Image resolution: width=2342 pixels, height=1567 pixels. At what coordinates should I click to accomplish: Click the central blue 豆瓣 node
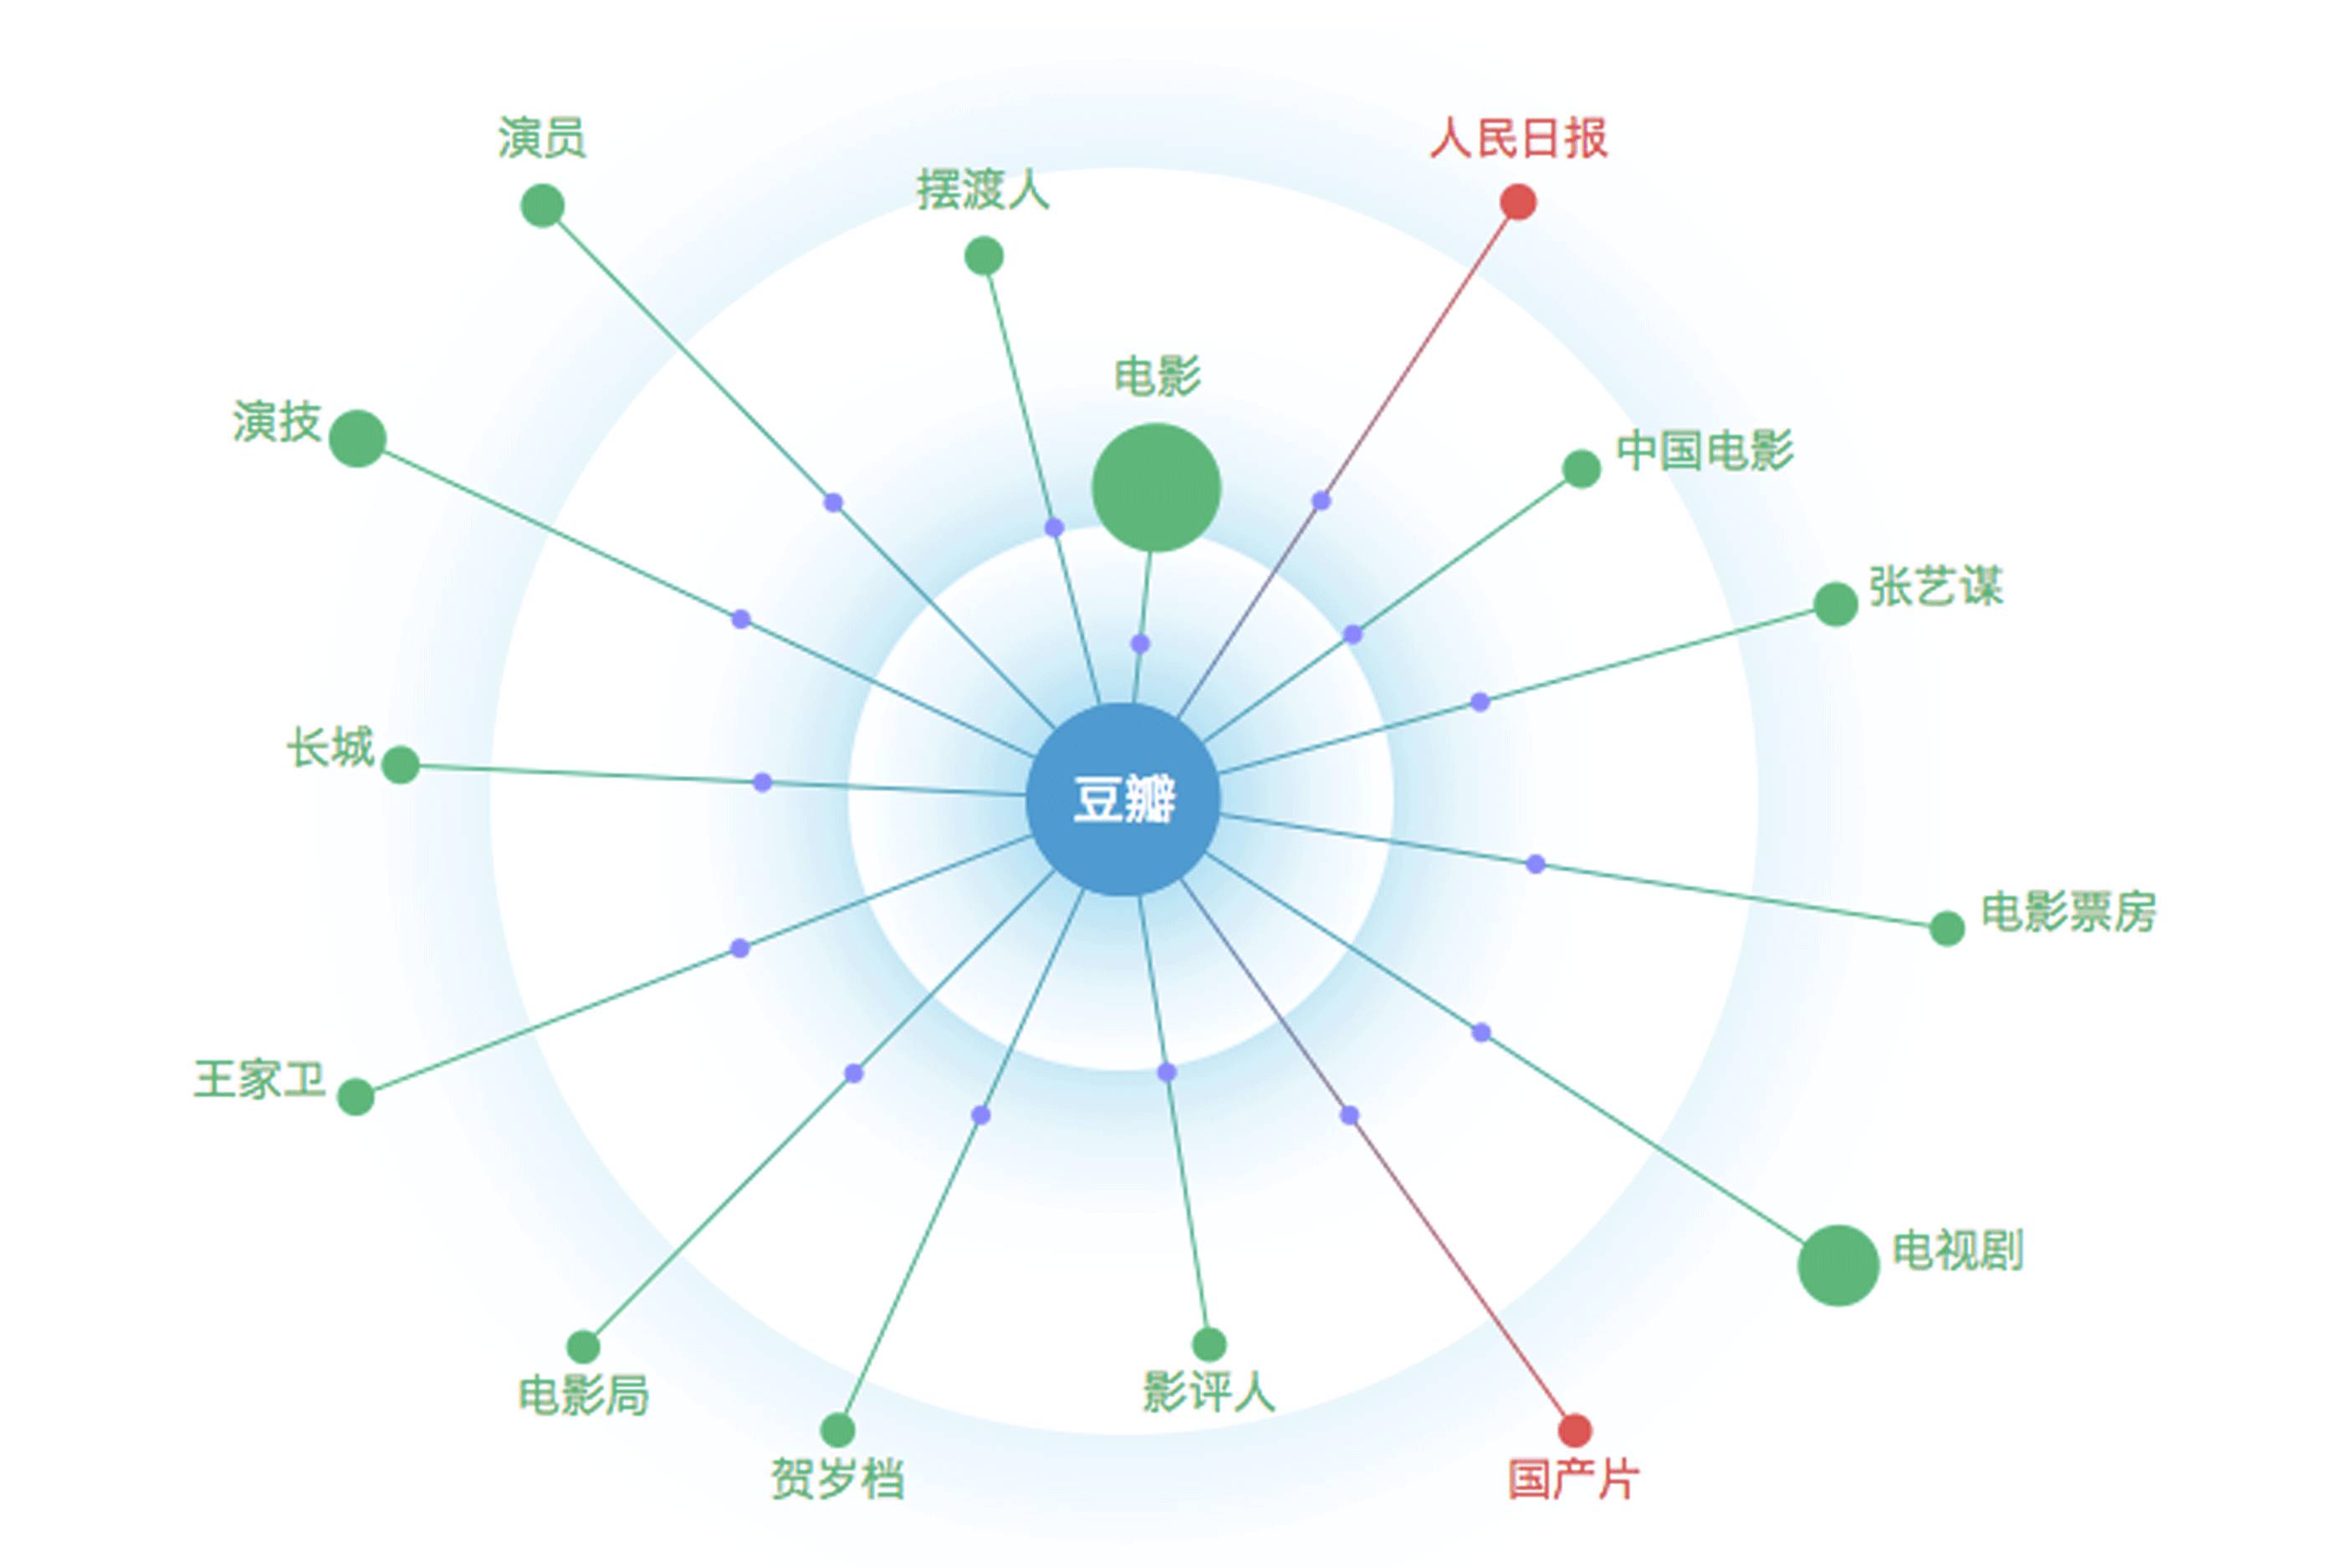[x=1122, y=799]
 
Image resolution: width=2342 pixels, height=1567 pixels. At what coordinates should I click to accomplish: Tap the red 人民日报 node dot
[x=1517, y=202]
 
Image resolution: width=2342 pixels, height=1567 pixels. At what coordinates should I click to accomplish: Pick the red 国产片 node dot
[x=1574, y=1430]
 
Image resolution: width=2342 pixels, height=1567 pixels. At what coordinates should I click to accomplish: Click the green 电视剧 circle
[x=1838, y=1265]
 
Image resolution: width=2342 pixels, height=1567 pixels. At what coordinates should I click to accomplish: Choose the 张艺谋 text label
[x=1935, y=587]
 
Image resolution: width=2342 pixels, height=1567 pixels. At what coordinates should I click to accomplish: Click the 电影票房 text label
[x=2068, y=911]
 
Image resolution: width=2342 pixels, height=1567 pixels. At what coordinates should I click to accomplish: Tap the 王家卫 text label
[x=260, y=1080]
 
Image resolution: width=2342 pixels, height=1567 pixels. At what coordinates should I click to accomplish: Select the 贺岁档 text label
[x=836, y=1479]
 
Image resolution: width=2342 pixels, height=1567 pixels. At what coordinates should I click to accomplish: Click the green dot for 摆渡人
[x=984, y=256]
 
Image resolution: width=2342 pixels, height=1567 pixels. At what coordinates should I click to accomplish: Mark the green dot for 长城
[x=400, y=764]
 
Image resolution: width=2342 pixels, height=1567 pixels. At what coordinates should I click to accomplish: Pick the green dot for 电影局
[x=583, y=1347]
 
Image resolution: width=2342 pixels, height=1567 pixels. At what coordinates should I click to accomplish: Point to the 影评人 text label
[x=1209, y=1392]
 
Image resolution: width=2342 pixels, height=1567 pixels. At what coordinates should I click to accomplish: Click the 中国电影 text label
[x=1705, y=450]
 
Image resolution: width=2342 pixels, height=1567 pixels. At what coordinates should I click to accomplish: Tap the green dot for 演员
[x=542, y=205]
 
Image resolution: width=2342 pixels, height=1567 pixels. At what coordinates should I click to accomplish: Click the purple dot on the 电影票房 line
[x=1536, y=864]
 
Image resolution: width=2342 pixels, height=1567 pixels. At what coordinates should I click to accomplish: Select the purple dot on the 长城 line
[x=762, y=782]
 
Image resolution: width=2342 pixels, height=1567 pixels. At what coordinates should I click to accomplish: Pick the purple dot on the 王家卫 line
[x=739, y=947]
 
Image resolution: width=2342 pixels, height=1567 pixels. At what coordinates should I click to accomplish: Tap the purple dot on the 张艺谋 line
[x=1480, y=702]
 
